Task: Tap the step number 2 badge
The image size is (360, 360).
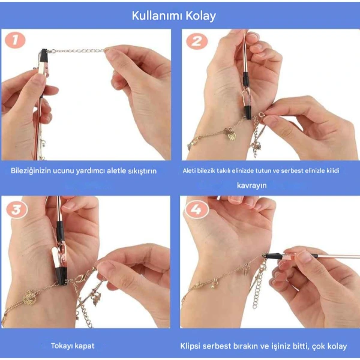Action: pyautogui.click(x=196, y=41)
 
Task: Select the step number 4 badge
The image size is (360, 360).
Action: pyautogui.click(x=196, y=209)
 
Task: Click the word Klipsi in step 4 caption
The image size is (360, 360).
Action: pyautogui.click(x=193, y=346)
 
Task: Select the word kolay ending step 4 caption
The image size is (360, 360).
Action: pyautogui.click(x=337, y=346)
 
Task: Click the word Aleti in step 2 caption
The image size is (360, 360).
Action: pyautogui.click(x=191, y=170)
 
